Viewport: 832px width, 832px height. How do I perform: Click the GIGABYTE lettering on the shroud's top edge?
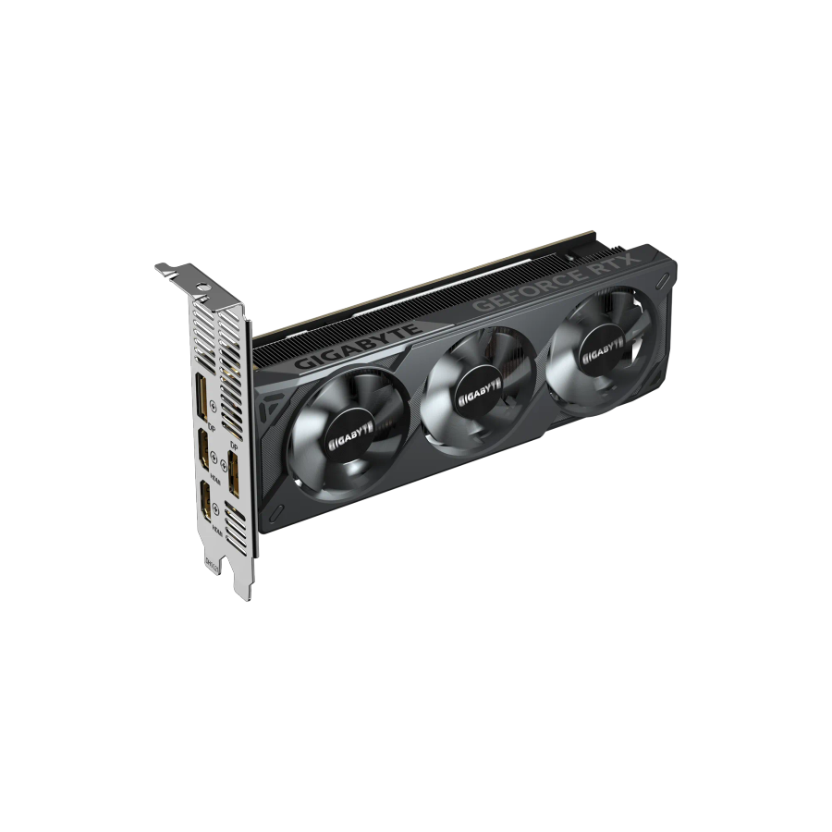coord(359,347)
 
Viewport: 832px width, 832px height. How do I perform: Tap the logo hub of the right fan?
coord(603,349)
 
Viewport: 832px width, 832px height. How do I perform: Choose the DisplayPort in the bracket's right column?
coord(235,467)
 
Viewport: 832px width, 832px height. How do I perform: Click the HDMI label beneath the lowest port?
coord(215,531)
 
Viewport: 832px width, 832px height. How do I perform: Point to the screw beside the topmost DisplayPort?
coord(215,404)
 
